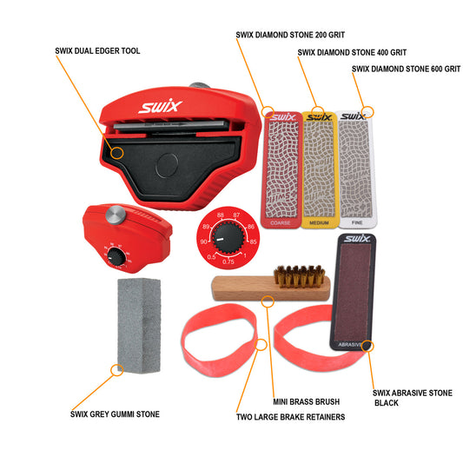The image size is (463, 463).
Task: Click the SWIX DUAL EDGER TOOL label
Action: [96, 51]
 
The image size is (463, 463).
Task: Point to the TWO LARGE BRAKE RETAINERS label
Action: [290, 417]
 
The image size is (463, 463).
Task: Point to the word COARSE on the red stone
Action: [280, 223]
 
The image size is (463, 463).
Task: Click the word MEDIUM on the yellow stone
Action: [317, 223]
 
